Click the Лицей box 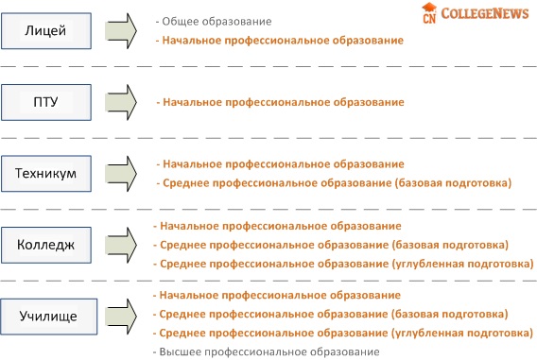46,31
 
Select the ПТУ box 46,102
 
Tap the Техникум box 46,174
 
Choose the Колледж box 46,245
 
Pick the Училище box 48,317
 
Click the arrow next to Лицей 121,31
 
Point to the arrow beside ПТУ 121,102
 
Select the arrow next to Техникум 121,174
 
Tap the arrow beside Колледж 121,245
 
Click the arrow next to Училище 121,317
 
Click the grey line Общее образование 214,22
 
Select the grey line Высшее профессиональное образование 266,351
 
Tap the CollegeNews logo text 485,13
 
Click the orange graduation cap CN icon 429,13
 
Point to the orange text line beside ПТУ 280,102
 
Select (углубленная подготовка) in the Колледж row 462,265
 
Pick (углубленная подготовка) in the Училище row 462,334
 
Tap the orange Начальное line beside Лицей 280,41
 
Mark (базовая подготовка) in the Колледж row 450,245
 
